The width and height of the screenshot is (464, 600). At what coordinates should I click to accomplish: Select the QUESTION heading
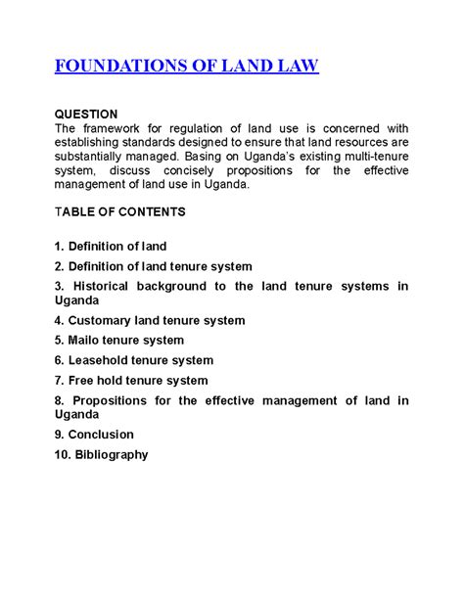pyautogui.click(x=86, y=115)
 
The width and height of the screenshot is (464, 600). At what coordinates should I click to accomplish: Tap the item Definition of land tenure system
pyautogui.click(x=154, y=266)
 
